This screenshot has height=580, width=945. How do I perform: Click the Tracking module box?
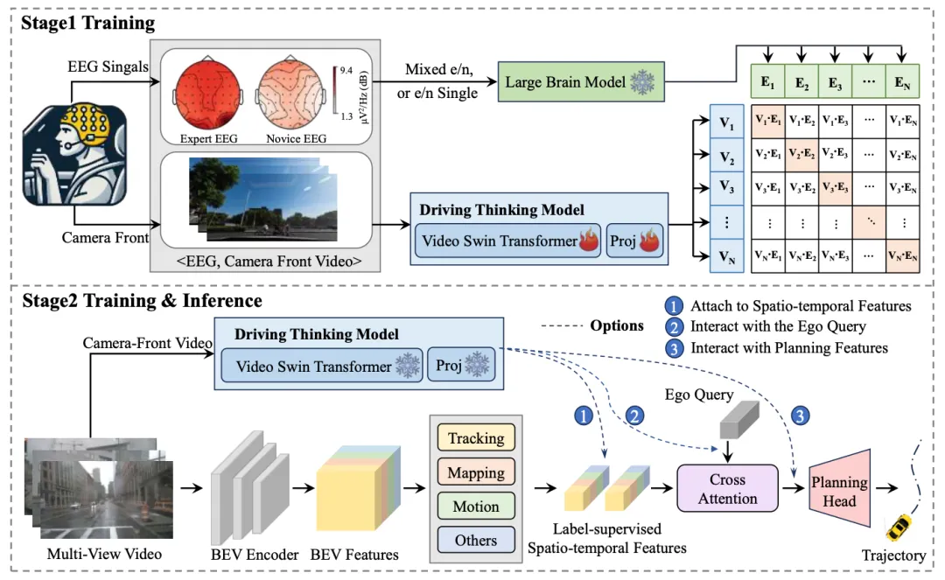475,438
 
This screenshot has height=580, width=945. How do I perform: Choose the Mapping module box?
475,472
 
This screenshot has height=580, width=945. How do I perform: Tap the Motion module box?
475,507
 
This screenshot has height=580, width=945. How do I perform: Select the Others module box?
475,540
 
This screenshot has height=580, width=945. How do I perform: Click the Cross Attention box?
727,489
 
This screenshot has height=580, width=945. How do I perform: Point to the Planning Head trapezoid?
838,491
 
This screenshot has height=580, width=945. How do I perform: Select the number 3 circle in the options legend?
675,348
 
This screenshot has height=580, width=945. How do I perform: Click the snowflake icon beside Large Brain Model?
642,83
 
